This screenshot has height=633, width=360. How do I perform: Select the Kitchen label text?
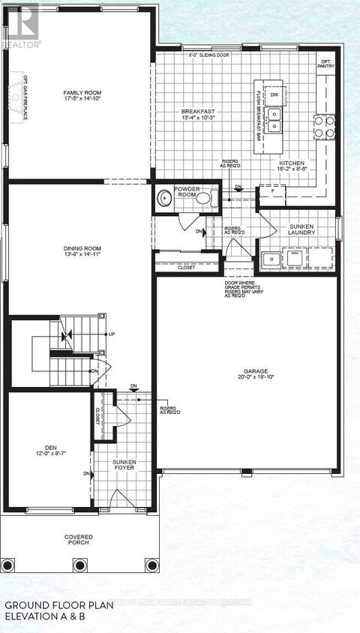(292, 163)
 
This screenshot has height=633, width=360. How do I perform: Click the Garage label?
(255, 370)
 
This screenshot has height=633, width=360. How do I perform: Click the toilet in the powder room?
(212, 199)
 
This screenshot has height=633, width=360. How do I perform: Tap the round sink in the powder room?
(165, 199)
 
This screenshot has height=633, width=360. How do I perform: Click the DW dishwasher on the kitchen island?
(274, 95)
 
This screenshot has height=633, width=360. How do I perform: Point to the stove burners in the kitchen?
(324, 127)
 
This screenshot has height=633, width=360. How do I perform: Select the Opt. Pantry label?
(325, 64)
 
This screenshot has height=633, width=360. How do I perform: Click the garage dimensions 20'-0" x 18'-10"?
(255, 378)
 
